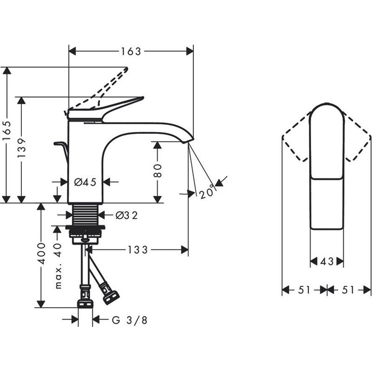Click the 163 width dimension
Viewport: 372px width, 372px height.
[x=131, y=51]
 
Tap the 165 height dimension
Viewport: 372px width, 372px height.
[x=7, y=131]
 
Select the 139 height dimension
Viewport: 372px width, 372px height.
[x=21, y=148]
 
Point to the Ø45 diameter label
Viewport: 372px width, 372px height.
[x=85, y=182]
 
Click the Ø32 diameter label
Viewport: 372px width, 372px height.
[x=126, y=215]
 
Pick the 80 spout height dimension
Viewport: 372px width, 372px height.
[x=158, y=171]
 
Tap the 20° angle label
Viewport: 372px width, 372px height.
[x=206, y=193]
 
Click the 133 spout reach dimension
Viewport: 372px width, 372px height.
[x=138, y=250]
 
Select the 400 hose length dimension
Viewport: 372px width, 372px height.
[x=41, y=253]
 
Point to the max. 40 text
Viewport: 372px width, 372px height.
[x=58, y=266]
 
